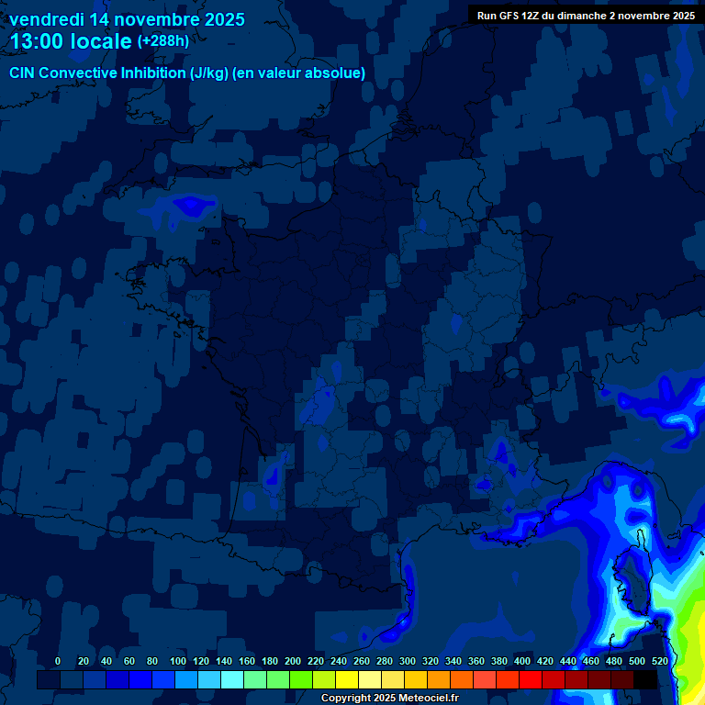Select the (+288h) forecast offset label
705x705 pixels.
click(163, 41)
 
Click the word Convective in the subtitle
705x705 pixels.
click(80, 73)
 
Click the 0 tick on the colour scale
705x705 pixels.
click(58, 661)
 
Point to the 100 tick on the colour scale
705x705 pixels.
click(177, 661)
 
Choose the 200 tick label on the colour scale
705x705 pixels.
click(293, 661)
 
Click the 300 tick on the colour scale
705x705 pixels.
click(408, 661)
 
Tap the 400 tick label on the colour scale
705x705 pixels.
click(522, 661)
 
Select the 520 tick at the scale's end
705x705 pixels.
click(660, 661)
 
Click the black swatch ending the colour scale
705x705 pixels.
click(645, 679)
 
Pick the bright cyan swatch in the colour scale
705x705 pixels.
click(232, 679)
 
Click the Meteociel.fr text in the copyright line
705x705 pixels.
click(428, 699)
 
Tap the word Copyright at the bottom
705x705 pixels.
click(345, 699)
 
